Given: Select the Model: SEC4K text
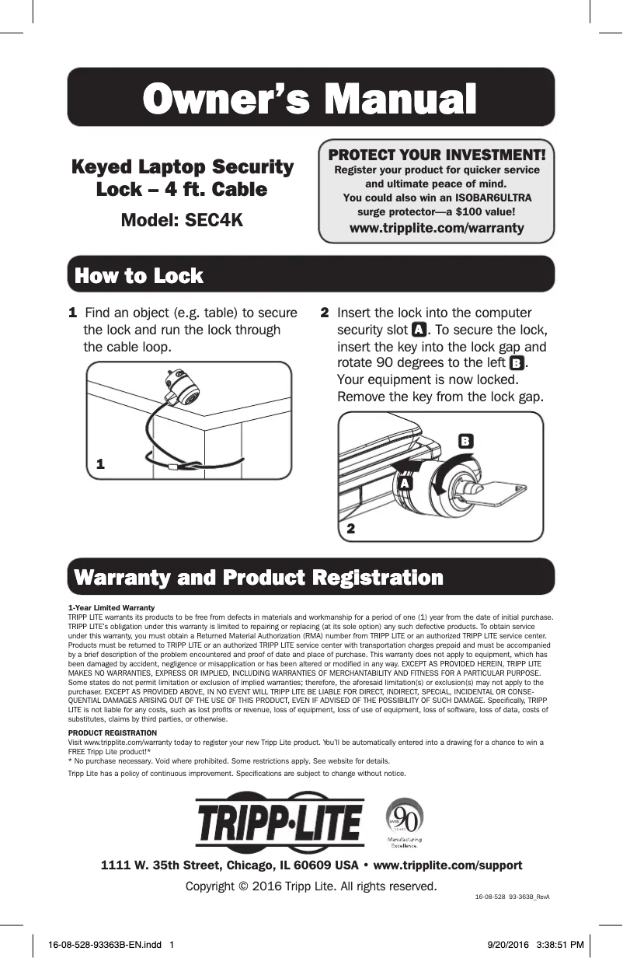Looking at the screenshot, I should [182, 220].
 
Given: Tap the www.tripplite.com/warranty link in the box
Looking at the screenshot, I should [437, 228].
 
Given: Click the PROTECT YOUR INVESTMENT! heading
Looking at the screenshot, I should [437, 155].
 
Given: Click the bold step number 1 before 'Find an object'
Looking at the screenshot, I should [72, 313].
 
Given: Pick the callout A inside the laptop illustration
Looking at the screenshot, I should [403, 483].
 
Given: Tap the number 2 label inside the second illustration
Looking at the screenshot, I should [351, 528].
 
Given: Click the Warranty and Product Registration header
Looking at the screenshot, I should [258, 578].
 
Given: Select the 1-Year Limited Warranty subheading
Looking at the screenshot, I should [111, 607].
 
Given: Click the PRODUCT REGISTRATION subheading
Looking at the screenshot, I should [113, 733].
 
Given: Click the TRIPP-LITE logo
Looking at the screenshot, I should [279, 823].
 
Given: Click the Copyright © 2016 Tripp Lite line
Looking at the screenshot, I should [311, 886].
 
